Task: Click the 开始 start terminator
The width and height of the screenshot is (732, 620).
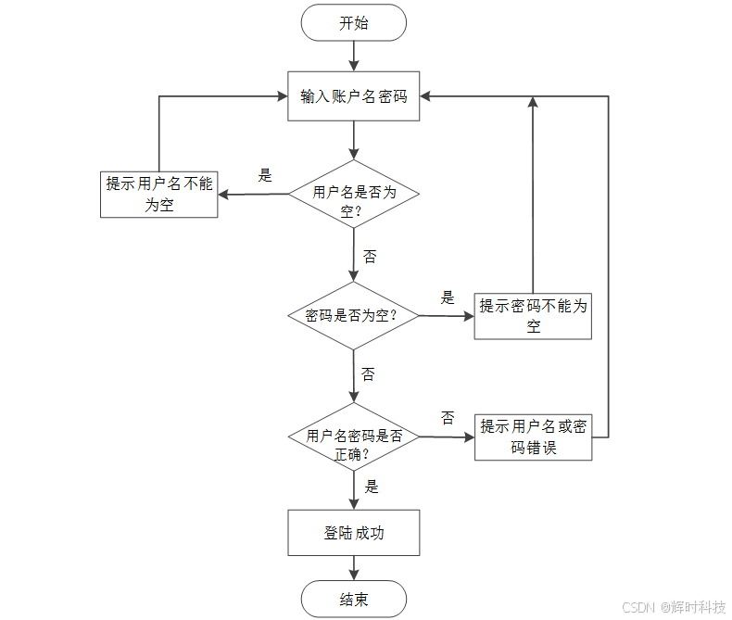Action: pos(353,23)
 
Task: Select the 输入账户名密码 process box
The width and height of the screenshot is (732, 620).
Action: pos(353,96)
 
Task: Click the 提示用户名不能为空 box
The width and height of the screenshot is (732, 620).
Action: pos(159,195)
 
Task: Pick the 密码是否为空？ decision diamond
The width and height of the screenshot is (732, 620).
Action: pos(353,315)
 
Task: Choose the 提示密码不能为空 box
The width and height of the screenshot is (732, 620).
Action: pos(533,316)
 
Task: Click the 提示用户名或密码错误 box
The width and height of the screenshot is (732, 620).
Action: pos(533,437)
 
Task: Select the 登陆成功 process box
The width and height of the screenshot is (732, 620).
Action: pos(353,534)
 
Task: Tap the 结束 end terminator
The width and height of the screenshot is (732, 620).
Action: pos(353,600)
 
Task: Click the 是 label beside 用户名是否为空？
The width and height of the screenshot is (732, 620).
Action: pos(265,175)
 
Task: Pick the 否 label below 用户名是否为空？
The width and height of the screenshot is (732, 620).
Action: pos(370,257)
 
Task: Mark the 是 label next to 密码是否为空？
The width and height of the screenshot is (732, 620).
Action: pos(448,297)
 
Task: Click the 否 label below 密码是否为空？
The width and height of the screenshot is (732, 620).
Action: pos(368,374)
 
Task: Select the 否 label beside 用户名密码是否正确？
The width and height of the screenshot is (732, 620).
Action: pos(448,418)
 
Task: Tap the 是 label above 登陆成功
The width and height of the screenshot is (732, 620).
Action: pos(371,487)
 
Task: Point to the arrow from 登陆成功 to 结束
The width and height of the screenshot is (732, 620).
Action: pos(353,568)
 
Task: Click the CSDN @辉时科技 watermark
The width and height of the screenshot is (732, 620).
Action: pos(673,607)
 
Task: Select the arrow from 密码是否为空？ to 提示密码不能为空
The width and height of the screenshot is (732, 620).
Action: pos(446,316)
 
